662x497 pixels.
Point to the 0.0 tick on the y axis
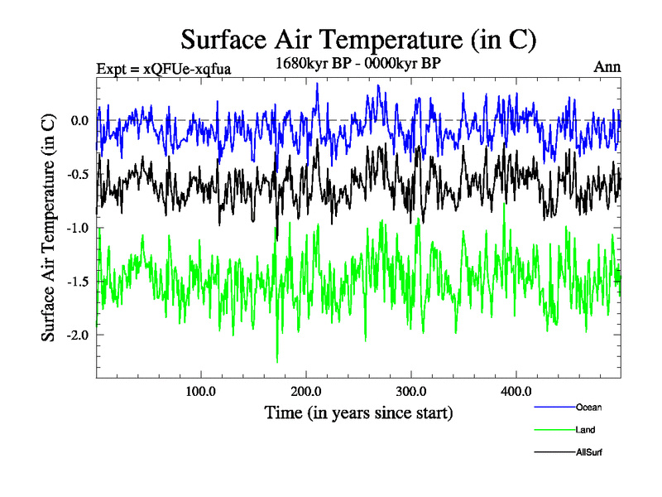(x=79, y=120)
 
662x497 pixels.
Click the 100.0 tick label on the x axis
(x=201, y=392)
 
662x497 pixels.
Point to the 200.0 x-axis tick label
(x=306, y=392)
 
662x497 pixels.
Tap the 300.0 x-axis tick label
(x=411, y=392)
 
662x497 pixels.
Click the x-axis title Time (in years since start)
(x=358, y=412)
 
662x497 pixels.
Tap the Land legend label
(x=585, y=430)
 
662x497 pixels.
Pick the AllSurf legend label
(x=589, y=452)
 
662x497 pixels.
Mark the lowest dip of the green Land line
(x=277, y=361)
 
